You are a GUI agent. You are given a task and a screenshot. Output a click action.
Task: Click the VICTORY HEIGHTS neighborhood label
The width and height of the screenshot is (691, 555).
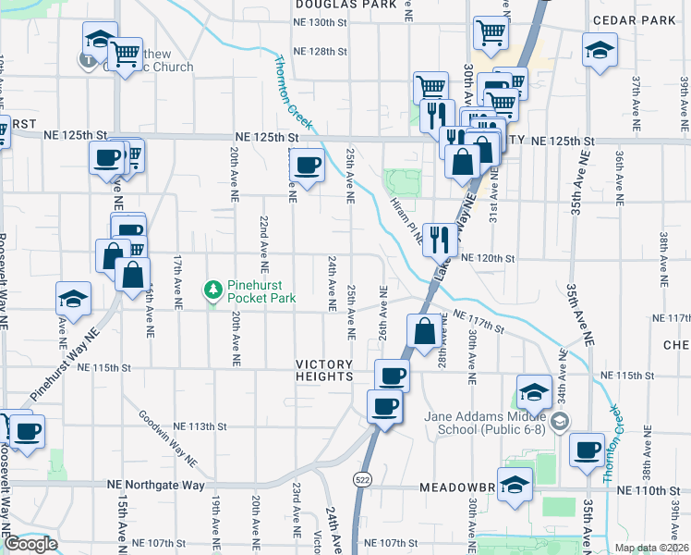pyautogui.click(x=325, y=370)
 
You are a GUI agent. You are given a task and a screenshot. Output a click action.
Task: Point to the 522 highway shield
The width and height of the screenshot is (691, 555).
pyautogui.click(x=359, y=478)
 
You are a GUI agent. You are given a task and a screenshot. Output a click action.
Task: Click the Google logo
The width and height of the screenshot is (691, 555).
pyautogui.click(x=30, y=544)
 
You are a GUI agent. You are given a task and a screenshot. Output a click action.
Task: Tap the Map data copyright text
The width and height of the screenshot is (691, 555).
pyautogui.click(x=651, y=548)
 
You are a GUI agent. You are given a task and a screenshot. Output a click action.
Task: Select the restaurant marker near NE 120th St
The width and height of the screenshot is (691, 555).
pyautogui.click(x=440, y=240)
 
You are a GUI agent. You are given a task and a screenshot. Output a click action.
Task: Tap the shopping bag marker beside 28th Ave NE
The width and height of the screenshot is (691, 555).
pyautogui.click(x=424, y=331)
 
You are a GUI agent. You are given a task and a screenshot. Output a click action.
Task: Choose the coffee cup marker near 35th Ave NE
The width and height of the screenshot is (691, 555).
pyautogui.click(x=587, y=449)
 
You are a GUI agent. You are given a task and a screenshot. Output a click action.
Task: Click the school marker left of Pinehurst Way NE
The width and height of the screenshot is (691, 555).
pyautogui.click(x=73, y=298)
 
